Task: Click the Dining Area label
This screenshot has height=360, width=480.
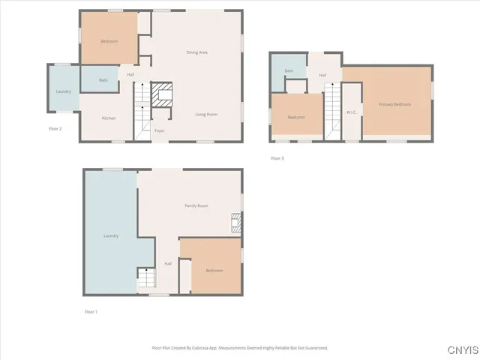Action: [x=196, y=52]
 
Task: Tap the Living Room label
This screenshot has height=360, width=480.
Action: [x=206, y=114]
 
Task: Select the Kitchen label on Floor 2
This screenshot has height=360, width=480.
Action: [x=109, y=118]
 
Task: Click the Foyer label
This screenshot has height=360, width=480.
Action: [x=159, y=131]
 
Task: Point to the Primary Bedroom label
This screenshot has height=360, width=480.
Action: [x=394, y=104]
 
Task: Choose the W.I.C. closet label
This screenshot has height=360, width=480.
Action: [x=351, y=112]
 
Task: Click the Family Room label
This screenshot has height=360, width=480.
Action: [x=196, y=205]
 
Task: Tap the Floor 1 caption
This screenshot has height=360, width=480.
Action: [x=91, y=311]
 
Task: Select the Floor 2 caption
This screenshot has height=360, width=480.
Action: [x=55, y=128]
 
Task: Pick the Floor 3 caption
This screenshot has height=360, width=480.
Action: [x=277, y=157]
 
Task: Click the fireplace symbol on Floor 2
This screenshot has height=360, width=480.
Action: [x=161, y=94]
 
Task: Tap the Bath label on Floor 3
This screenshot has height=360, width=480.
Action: [x=289, y=71]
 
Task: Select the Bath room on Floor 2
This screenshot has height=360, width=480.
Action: [x=103, y=79]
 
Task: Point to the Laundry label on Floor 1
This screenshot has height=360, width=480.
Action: [x=111, y=236]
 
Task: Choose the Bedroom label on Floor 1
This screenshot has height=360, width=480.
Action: [x=214, y=270]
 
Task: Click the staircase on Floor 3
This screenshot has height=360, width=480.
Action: [x=332, y=112]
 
